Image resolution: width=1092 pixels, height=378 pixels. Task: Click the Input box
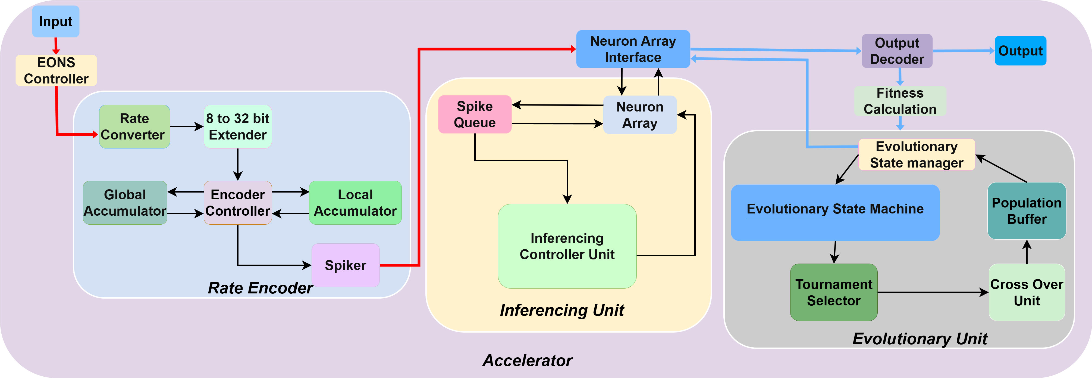pyautogui.click(x=55, y=21)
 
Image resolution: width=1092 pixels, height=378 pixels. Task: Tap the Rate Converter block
pyautogui.click(x=134, y=126)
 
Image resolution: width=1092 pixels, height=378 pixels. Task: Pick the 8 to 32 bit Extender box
pyautogui.click(x=237, y=126)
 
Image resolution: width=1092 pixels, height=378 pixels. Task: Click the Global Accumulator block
pyautogui.click(x=125, y=203)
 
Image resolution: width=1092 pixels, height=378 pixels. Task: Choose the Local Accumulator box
pyautogui.click(x=355, y=203)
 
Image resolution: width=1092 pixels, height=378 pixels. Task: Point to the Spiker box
pyautogui.click(x=346, y=265)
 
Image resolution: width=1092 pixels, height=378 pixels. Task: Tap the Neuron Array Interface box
pyautogui.click(x=633, y=49)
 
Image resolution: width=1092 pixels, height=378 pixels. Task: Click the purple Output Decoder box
pyautogui.click(x=897, y=51)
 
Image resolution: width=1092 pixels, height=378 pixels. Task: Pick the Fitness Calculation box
pyautogui.click(x=900, y=101)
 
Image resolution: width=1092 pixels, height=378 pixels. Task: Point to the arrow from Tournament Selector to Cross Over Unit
pyautogui.click(x=933, y=292)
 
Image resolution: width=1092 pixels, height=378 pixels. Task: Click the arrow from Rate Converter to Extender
pyautogui.click(x=187, y=126)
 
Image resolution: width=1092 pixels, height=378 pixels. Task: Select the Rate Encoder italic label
pyautogui.click(x=260, y=288)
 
